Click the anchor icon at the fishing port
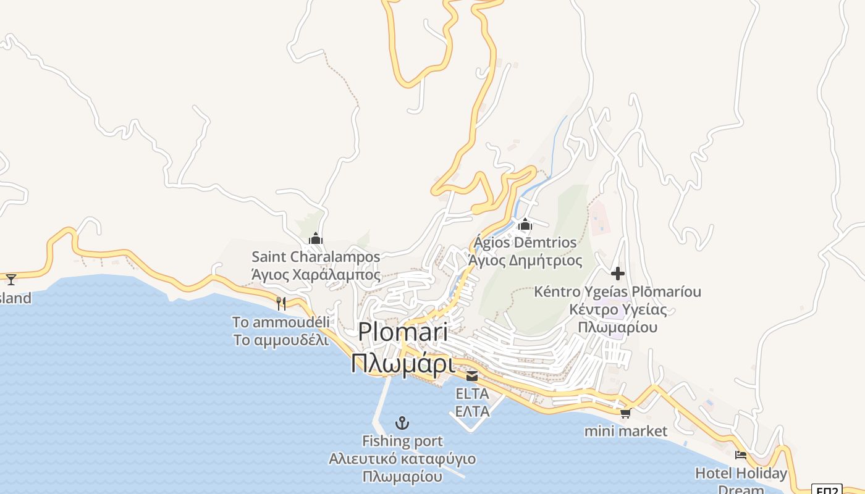click(x=402, y=423)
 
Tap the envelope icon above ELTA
click(x=472, y=375)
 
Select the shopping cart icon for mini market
click(x=625, y=413)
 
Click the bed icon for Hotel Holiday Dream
click(x=741, y=456)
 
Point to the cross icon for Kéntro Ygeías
click(x=617, y=273)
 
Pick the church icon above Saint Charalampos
click(x=316, y=238)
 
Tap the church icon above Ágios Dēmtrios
click(x=525, y=224)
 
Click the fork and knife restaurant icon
click(x=281, y=303)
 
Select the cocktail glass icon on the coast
click(x=11, y=279)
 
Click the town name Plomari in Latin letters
click(x=403, y=332)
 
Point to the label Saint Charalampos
click(x=316, y=256)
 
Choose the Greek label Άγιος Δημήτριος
click(x=525, y=261)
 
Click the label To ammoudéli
click(x=281, y=322)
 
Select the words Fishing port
click(x=402, y=441)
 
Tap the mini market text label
click(x=626, y=431)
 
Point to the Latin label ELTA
click(x=472, y=393)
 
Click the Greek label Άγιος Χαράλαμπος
click(x=316, y=274)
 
